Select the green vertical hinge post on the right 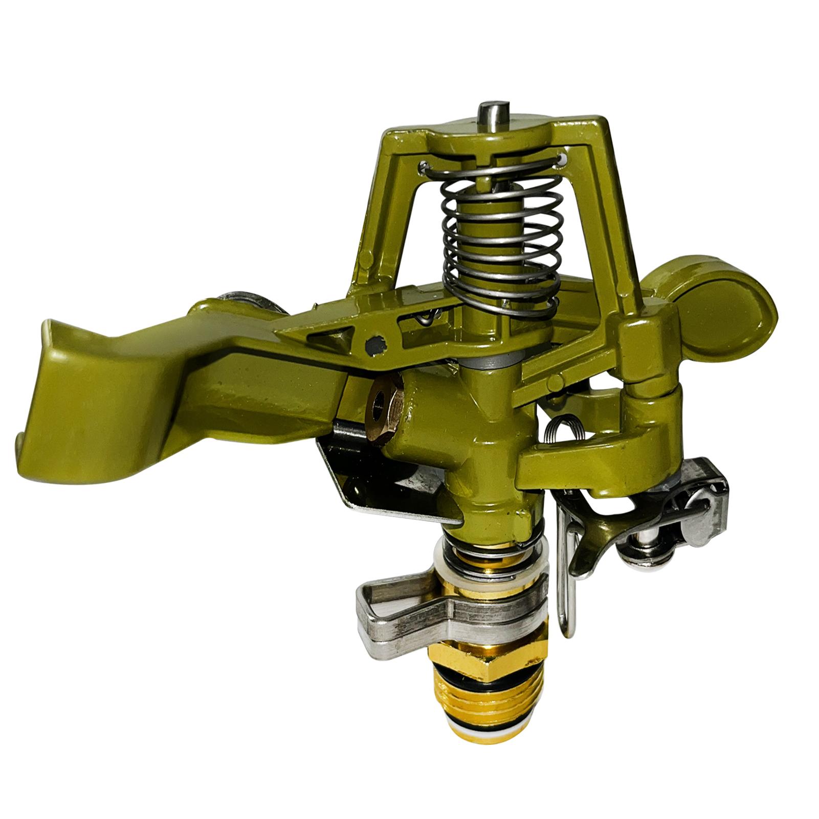click(647, 358)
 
